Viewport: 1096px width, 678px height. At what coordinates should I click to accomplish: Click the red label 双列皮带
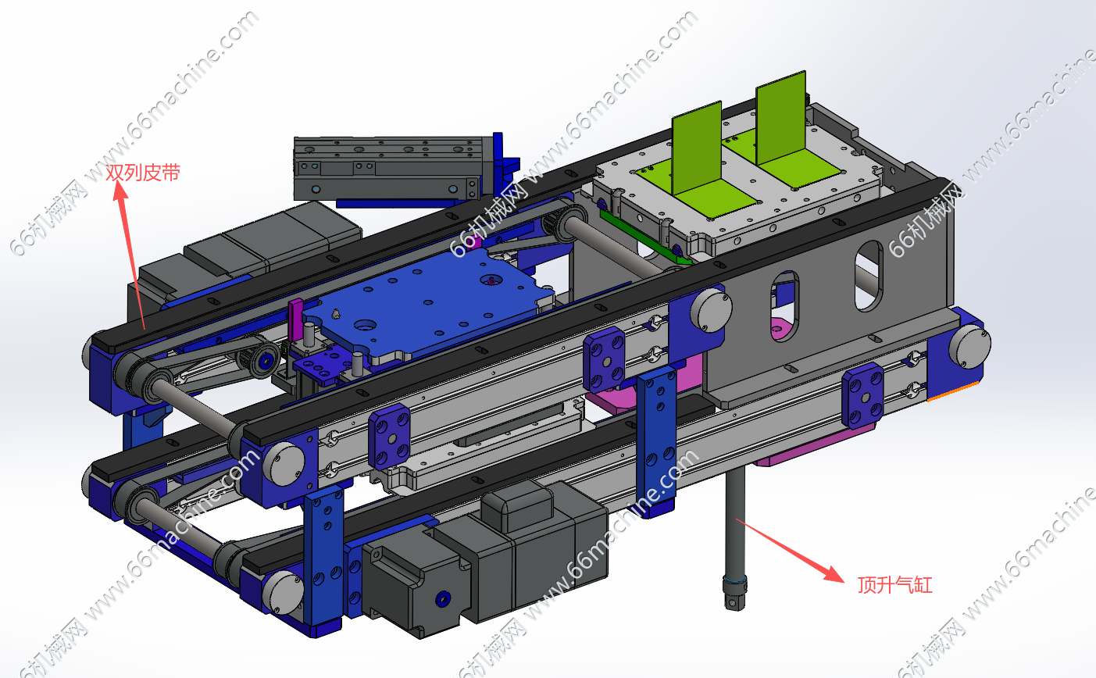143,172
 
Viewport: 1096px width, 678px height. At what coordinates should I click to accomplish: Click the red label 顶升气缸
895,584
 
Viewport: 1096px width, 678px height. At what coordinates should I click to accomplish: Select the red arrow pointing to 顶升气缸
791,551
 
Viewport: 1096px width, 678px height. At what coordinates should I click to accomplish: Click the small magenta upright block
295,320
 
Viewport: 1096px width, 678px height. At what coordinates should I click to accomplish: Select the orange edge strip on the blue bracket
953,391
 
